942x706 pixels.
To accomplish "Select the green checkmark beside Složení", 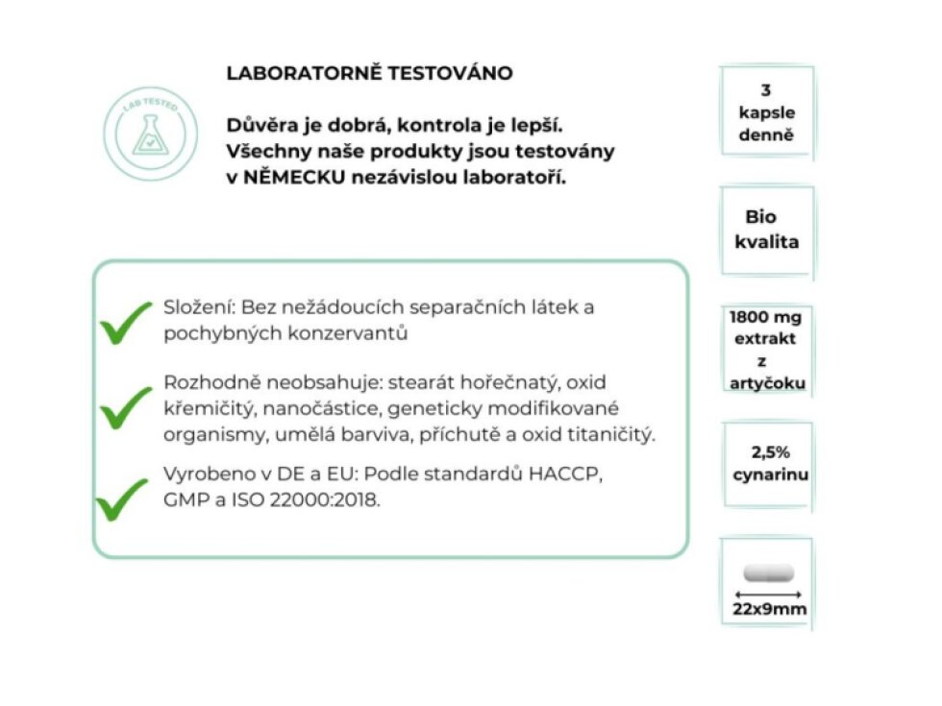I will [x=125, y=321].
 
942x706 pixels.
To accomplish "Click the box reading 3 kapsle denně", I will [x=766, y=112].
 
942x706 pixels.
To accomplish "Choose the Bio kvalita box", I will [x=766, y=230].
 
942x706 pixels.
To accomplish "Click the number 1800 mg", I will [x=766, y=318].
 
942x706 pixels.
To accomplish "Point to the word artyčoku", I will [x=766, y=383].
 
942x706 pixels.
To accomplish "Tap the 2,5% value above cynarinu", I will [x=771, y=451].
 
